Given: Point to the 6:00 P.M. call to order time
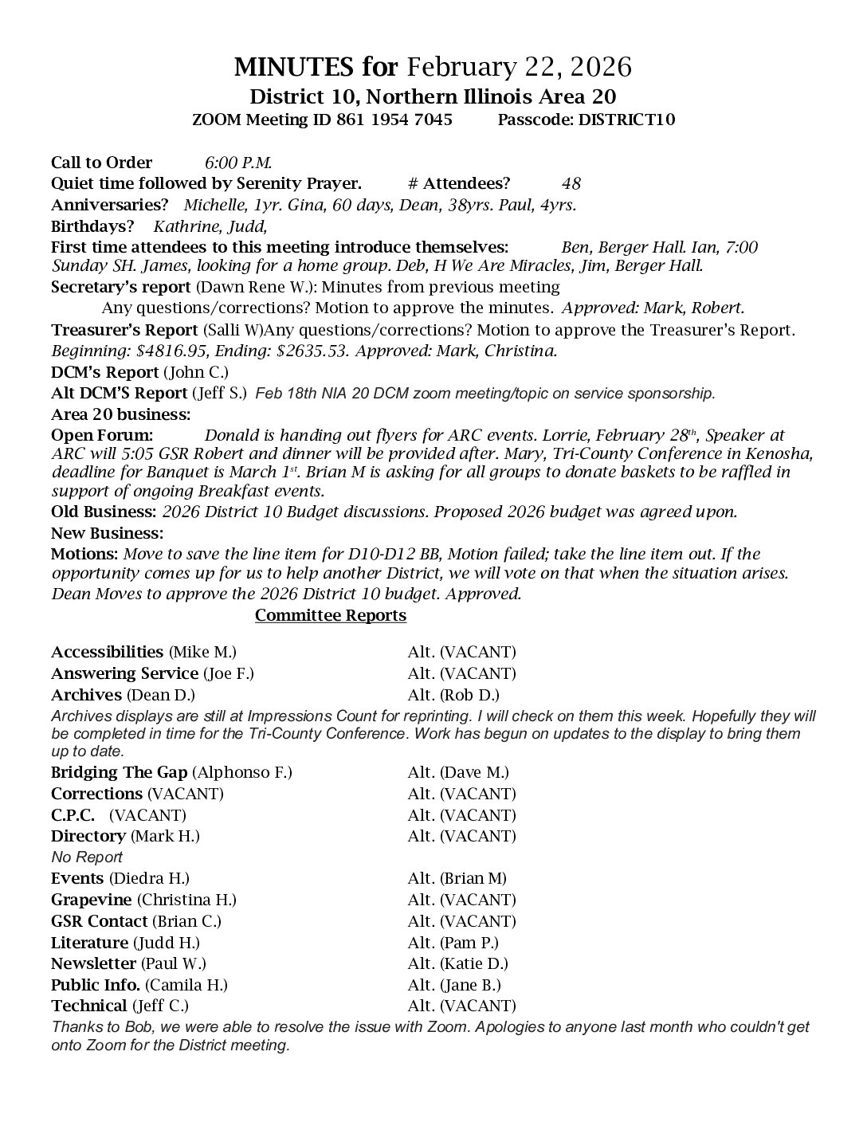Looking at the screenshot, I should pos(238,163).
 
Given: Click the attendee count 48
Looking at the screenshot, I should pos(571,183).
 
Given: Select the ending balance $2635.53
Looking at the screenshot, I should pos(291,351).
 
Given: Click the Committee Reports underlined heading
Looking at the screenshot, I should pos(330,615).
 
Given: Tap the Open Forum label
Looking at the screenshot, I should pos(101,435).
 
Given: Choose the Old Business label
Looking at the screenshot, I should pos(104,512).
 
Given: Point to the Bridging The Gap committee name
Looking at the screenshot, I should pos(119,772).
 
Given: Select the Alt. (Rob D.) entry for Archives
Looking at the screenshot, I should pos(453,695).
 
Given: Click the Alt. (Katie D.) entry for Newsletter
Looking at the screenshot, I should pos(457,963).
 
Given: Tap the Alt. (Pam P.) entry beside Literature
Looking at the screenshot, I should pos(453,943).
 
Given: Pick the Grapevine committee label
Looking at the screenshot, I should pos(92,900).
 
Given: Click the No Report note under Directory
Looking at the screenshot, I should pos(87,857).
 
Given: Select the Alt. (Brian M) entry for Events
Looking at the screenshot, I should pos(457,879).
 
